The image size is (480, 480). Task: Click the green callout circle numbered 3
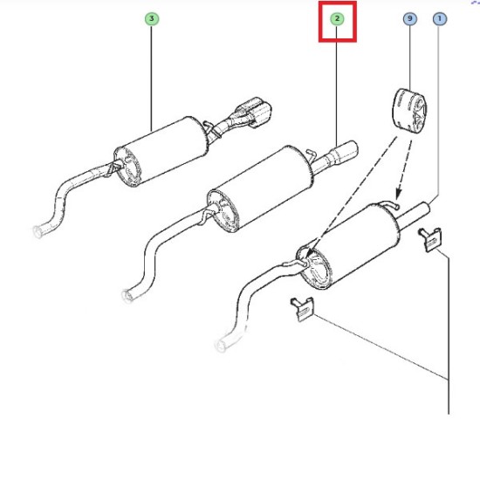point(152,19)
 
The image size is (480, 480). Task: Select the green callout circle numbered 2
point(337,19)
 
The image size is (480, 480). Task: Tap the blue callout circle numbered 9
point(410,19)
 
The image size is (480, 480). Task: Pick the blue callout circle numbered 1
point(440,19)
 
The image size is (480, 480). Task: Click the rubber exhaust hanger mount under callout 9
point(409,108)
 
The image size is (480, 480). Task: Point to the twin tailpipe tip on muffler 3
point(254,113)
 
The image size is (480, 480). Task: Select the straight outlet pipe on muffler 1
point(414,215)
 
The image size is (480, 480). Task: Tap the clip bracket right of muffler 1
point(430,239)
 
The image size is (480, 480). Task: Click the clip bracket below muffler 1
point(303,309)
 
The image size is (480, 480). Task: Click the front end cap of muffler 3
point(127,167)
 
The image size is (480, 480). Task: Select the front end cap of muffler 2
point(223,211)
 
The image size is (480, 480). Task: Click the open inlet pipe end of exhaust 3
point(38,231)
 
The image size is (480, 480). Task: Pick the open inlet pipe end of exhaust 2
point(127,296)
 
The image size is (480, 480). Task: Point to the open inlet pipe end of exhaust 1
point(221,346)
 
